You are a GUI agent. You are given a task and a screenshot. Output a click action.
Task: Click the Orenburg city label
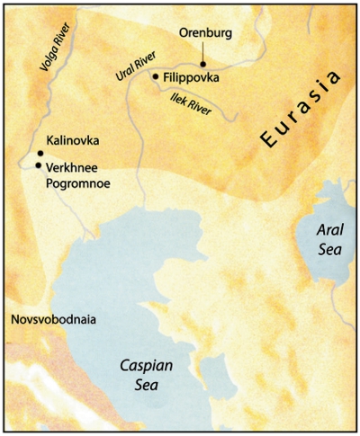pos(205,34)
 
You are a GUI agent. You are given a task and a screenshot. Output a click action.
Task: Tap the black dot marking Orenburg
pos(204,65)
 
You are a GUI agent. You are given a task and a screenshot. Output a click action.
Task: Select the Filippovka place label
pos(192,78)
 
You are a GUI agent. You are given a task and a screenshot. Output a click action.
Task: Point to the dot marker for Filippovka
pos(157,76)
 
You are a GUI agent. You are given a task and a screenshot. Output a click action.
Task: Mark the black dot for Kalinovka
pos(40,154)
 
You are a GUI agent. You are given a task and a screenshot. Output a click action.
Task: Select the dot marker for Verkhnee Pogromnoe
pos(38,165)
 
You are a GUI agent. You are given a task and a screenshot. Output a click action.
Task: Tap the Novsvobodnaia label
pos(51,319)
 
